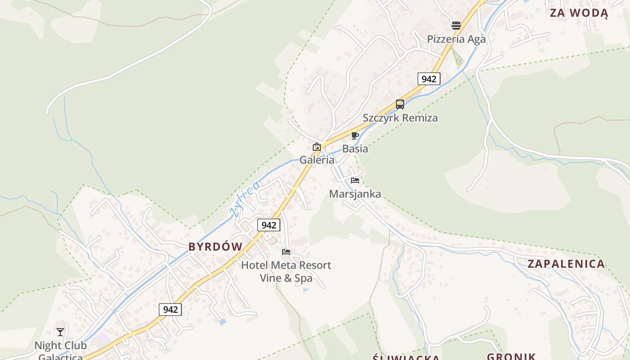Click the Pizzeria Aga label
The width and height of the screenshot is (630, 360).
[456, 39]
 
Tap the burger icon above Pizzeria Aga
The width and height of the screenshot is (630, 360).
[456, 26]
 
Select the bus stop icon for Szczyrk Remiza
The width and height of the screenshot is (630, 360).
[400, 104]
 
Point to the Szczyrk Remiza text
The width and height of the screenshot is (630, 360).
[400, 118]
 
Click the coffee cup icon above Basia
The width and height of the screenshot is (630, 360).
[355, 135]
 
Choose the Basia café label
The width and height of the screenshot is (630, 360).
[355, 148]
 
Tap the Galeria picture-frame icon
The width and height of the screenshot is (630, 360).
[317, 147]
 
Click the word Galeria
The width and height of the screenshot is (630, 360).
[317, 160]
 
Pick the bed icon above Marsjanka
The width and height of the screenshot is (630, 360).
[355, 180]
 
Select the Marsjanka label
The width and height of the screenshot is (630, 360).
[355, 194]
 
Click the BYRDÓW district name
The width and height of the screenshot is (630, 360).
[215, 247]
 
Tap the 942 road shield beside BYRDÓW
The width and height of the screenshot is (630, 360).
[269, 225]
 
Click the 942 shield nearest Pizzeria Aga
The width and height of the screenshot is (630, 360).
[428, 79]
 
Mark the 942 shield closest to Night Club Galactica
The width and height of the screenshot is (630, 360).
[170, 310]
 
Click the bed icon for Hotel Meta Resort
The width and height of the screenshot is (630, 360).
[286, 252]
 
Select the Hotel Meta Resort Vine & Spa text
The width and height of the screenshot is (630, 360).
[286, 271]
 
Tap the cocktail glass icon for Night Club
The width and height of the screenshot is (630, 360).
[60, 332]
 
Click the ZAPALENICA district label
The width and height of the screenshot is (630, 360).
[566, 264]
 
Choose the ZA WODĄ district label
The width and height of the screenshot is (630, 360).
[579, 13]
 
